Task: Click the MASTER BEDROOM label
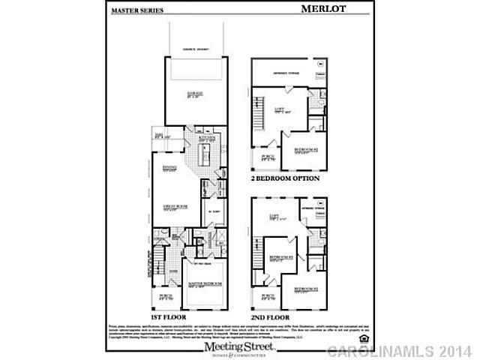204,284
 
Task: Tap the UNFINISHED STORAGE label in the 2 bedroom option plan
286,73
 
